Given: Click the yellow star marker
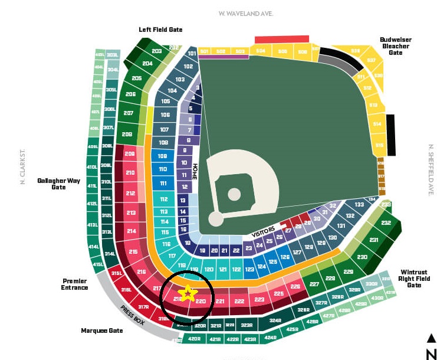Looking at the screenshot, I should pos(187,293).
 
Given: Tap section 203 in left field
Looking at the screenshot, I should pos(156,51).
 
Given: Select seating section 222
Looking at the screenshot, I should pos(239,301).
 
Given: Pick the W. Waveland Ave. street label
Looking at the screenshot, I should pos(246,13).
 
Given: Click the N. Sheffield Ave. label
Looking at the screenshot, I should pos(431,171).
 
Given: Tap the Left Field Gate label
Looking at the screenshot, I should pos(160,30).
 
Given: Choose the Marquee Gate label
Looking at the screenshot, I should pos(102,330).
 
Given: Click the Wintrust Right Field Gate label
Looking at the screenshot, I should pos(414,279).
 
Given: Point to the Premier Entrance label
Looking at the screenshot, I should pos(75,284).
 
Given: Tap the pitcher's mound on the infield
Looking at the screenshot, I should pos(234,194).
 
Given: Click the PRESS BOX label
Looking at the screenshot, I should pos(132,315).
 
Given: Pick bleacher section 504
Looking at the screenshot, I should pos(261,52).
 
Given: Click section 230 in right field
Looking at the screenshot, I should pos(362,257).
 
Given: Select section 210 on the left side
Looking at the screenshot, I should pos(130,174).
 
